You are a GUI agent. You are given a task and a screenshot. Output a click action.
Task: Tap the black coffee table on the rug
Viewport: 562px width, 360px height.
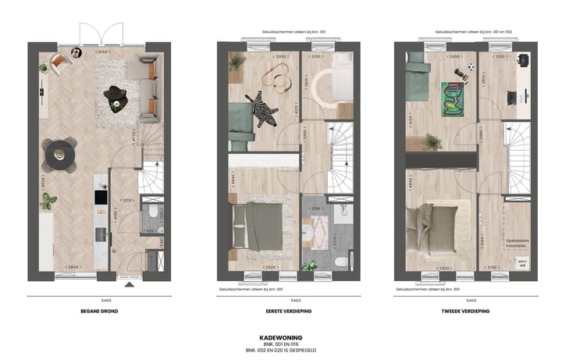click(117, 95)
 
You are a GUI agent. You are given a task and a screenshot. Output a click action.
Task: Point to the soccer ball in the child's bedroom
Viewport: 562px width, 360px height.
click(471, 68)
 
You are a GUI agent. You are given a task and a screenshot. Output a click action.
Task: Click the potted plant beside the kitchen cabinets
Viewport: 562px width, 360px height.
click(48, 200)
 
